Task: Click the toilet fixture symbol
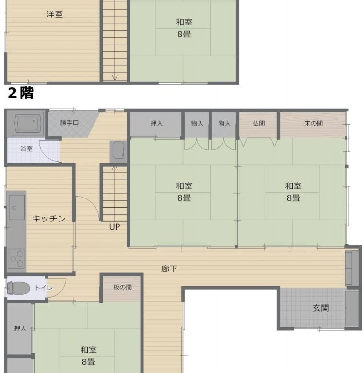18,288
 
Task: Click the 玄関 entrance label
320,308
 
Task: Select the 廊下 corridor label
169,269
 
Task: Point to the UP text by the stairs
115,227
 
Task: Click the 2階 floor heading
21,93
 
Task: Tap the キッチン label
49,218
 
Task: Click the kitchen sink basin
17,208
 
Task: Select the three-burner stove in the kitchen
16,258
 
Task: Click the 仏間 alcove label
258,123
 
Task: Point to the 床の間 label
313,123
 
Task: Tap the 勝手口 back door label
69,123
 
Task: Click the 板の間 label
122,287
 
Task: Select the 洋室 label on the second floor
55,14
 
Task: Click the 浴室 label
26,149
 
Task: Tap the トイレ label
44,288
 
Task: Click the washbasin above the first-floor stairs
118,152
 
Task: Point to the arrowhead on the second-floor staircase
115,77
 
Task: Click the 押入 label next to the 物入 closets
156,123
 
